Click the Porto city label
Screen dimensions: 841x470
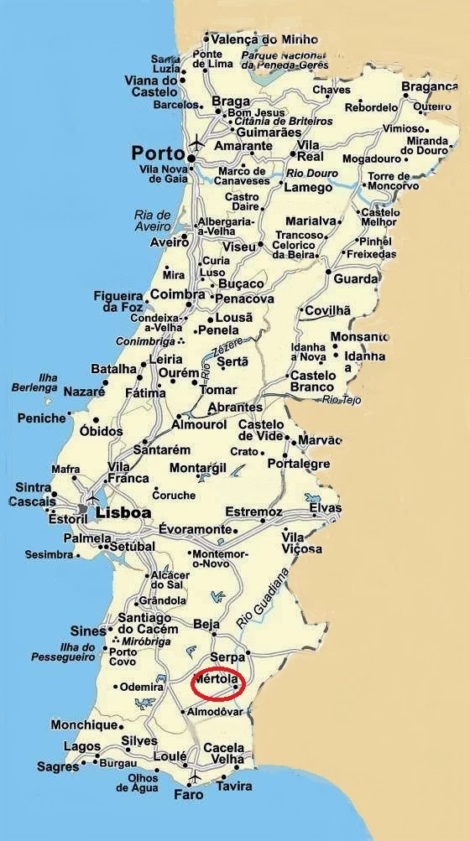click(158, 153)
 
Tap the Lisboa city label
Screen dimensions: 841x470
click(123, 512)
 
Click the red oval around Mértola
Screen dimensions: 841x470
click(218, 684)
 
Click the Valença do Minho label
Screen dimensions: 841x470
click(253, 39)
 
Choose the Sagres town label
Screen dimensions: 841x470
click(58, 767)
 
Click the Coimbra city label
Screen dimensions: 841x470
click(177, 294)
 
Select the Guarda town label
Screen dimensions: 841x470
click(356, 278)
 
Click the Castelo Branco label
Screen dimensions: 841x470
click(312, 382)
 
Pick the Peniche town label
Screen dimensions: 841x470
click(41, 418)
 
